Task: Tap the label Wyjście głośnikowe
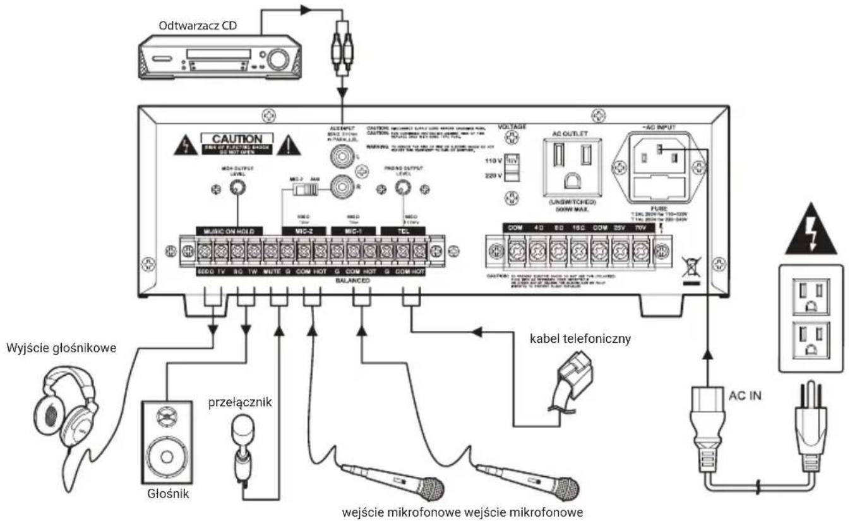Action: click(61, 348)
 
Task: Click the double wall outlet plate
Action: click(808, 318)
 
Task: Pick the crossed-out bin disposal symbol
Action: click(691, 267)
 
